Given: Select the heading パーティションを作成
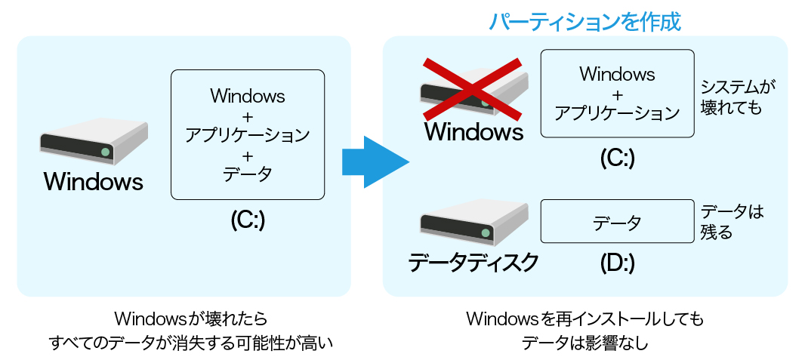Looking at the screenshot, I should click(584, 22).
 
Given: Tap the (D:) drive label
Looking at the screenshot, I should click(617, 263).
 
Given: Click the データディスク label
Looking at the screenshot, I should click(473, 263).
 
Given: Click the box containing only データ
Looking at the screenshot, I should click(617, 222).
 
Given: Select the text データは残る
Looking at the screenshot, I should click(730, 222).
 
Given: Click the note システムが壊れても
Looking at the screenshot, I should click(738, 97).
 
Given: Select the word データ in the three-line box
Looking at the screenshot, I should click(247, 174).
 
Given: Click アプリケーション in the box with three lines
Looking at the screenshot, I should click(247, 135).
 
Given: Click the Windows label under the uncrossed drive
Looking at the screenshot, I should click(93, 182).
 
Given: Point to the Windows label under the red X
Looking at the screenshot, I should click(473, 132).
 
